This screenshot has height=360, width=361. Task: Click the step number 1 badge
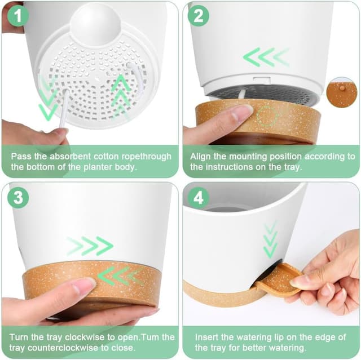(18, 16)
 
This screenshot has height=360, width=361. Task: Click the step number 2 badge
(199, 16)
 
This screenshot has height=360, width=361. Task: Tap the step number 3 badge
(18, 197)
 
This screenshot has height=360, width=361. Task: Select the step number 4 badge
(199, 197)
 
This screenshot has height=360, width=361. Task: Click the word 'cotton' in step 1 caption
(106, 156)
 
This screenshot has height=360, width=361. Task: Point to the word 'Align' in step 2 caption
(200, 157)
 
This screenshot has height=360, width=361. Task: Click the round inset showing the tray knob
(342, 92)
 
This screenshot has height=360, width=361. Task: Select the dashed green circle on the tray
(267, 116)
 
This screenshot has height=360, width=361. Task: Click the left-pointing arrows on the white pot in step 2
(266, 57)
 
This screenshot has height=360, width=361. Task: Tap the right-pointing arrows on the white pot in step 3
(90, 246)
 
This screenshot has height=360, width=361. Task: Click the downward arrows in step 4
(271, 239)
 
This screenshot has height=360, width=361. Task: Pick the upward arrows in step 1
(121, 96)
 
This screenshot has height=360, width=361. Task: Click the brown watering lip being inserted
(279, 279)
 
